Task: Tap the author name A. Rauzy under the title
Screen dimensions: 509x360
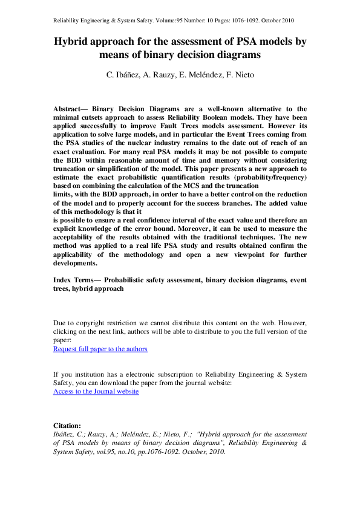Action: pos(154,75)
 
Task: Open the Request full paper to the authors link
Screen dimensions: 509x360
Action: pos(100,349)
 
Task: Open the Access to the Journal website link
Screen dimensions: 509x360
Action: pos(96,391)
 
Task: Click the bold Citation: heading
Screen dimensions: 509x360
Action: pos(67,426)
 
